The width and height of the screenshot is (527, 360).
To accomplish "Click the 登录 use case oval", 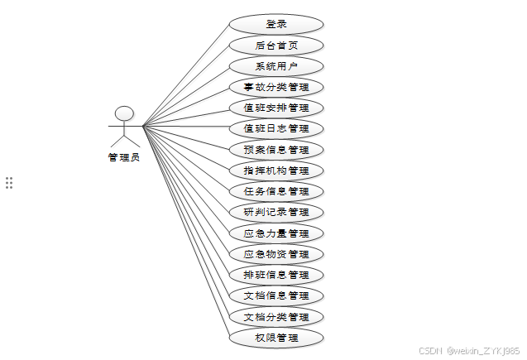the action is click(x=275, y=24).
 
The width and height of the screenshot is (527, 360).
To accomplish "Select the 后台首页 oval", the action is click(x=275, y=46).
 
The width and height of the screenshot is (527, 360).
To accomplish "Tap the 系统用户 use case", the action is click(x=275, y=66).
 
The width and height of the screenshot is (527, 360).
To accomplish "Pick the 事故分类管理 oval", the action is click(x=275, y=87).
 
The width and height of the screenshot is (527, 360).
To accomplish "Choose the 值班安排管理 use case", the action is click(x=275, y=108).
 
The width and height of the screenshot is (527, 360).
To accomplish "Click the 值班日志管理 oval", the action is click(x=275, y=129).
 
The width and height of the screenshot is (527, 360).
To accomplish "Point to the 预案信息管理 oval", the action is click(x=275, y=150).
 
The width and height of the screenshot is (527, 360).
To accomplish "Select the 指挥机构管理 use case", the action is click(x=275, y=170).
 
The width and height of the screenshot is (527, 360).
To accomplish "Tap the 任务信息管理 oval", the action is click(x=275, y=191).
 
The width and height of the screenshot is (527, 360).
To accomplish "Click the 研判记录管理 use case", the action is click(x=275, y=212).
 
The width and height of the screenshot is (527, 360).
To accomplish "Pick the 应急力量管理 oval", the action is click(x=275, y=233).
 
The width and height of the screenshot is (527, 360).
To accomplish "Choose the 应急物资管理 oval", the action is click(x=275, y=254).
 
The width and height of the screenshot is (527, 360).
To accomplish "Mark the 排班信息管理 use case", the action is click(x=275, y=275).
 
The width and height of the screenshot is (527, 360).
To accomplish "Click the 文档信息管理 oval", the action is click(x=275, y=295).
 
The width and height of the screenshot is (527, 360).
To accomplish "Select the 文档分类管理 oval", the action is click(x=275, y=317).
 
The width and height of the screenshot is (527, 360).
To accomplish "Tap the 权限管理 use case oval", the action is click(x=275, y=338).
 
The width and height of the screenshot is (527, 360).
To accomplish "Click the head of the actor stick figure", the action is click(x=124, y=113).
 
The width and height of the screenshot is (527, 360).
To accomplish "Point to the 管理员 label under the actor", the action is click(x=124, y=157).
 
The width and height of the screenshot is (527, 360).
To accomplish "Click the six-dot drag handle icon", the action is click(x=9, y=183).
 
